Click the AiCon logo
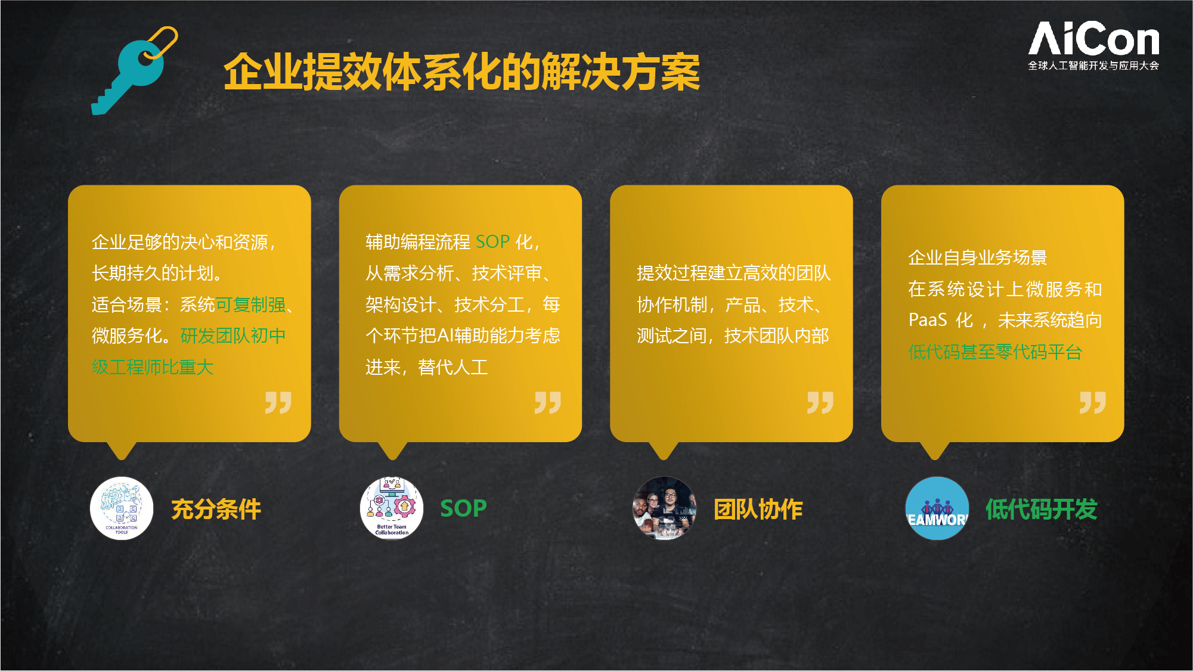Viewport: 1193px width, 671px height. click(1093, 45)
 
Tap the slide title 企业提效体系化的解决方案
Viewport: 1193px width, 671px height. click(461, 72)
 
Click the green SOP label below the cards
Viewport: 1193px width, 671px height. click(463, 508)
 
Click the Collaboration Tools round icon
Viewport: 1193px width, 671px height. click(122, 508)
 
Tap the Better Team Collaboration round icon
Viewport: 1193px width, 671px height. click(392, 508)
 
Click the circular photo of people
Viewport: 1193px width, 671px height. click(664, 508)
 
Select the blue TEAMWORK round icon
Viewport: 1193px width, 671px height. click(937, 508)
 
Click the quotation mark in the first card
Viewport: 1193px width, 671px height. click(278, 403)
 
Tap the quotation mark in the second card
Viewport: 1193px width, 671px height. click(548, 403)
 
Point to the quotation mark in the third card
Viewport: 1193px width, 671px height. click(820, 403)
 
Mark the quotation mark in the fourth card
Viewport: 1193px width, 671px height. click(1093, 403)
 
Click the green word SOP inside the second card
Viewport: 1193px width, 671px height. click(492, 242)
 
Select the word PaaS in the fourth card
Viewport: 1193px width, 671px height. click(928, 320)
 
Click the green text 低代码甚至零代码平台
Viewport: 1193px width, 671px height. click(995, 352)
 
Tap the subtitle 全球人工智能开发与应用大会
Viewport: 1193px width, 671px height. click(1093, 66)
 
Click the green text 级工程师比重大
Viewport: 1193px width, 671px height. click(153, 367)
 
